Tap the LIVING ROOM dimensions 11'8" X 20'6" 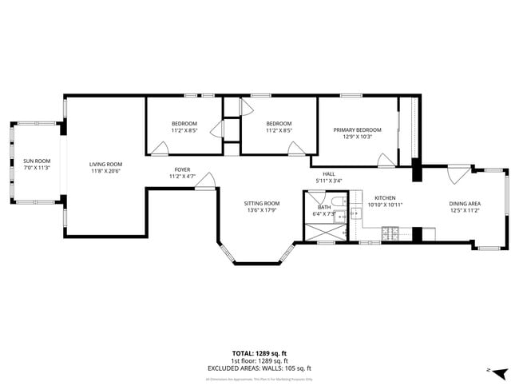click(x=105, y=170)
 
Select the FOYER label click(x=182, y=169)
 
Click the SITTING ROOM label click(x=261, y=203)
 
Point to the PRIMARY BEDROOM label click(x=357, y=129)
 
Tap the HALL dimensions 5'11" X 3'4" click(x=328, y=181)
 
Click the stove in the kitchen click(x=391, y=233)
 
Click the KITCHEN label click(x=386, y=198)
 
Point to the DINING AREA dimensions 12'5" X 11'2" click(x=464, y=210)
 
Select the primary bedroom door click(x=386, y=160)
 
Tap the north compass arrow click(x=500, y=373)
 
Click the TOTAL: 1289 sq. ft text click(x=259, y=352)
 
